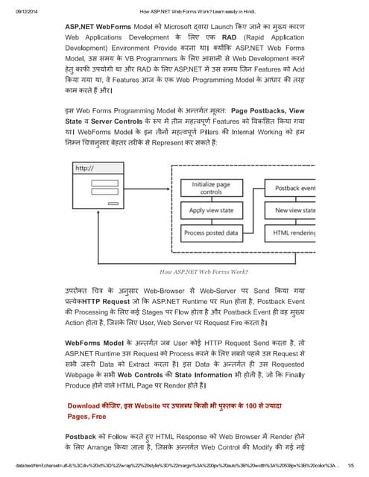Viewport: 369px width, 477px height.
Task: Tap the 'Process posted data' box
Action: [211, 233]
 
